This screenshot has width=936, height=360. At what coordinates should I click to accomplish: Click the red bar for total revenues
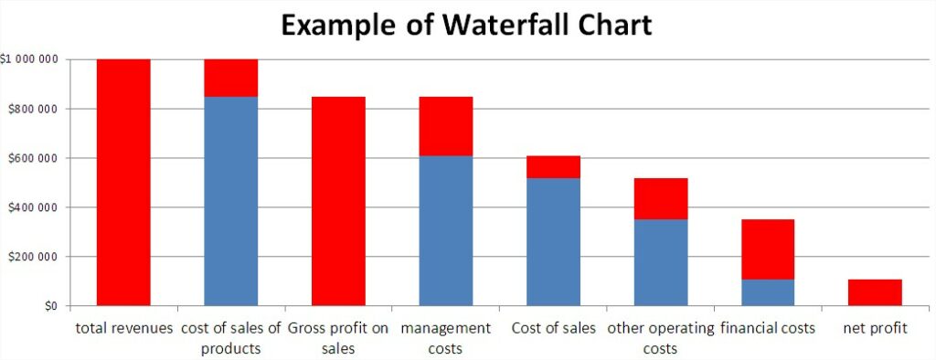(x=123, y=183)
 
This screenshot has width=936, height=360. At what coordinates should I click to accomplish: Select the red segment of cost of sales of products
(x=230, y=78)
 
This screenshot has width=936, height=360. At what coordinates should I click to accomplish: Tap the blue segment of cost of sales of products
(x=230, y=201)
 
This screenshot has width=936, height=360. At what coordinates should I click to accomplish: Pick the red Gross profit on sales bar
(x=338, y=201)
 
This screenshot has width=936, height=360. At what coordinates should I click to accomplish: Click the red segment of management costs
(x=446, y=126)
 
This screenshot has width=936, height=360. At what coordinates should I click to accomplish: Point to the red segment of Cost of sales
(x=553, y=166)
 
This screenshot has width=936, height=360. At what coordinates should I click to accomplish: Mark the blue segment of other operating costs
(x=661, y=262)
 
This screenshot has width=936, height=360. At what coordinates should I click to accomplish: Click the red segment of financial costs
(x=768, y=249)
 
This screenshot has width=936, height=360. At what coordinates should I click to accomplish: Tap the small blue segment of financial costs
(x=768, y=292)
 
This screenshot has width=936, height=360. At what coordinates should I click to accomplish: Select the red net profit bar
(x=875, y=292)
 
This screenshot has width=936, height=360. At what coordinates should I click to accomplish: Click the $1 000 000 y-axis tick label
(x=30, y=60)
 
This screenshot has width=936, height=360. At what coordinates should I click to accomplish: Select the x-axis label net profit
(x=875, y=328)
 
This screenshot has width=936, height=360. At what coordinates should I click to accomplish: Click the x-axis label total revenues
(x=123, y=328)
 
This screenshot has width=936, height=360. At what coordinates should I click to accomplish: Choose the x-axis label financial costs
(x=768, y=328)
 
